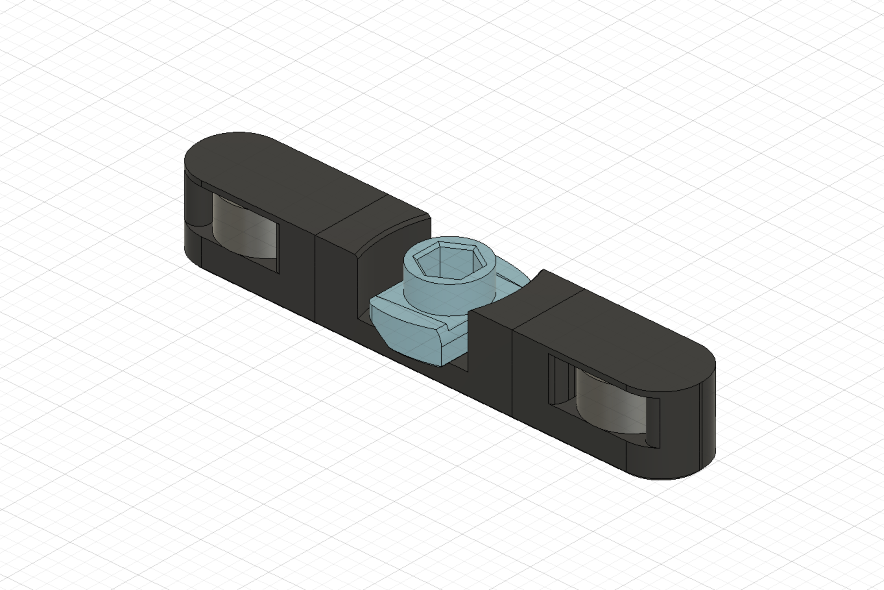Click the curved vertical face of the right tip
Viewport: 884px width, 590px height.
point(709,422)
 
